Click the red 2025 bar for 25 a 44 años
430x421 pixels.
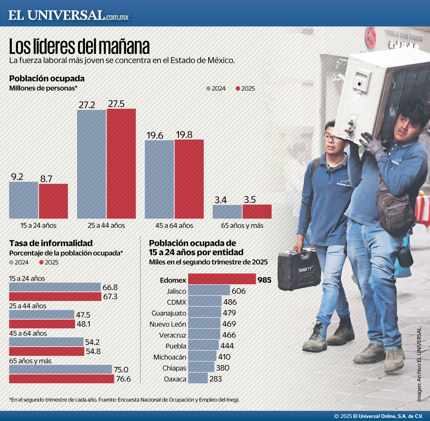click(121, 164)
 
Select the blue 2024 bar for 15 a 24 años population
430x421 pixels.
click(24, 200)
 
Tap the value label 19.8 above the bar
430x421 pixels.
click(184, 135)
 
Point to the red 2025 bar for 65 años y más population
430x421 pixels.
click(257, 212)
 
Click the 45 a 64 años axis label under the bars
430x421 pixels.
click(174, 226)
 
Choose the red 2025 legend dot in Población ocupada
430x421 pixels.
click(238, 88)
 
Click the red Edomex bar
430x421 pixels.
click(222, 279)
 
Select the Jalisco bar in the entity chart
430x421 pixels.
click(209, 290)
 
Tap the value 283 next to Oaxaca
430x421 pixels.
click(215, 379)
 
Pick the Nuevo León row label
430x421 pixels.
click(168, 324)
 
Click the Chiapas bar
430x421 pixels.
click(201, 367)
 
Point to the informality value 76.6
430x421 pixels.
click(123, 379)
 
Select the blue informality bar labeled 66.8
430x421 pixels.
click(55, 287)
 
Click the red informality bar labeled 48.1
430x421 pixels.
click(42, 324)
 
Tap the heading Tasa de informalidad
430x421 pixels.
click(51, 243)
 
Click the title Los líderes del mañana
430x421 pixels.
click(79, 47)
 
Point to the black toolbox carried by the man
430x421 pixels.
click(299, 270)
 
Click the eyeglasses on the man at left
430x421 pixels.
click(333, 138)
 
